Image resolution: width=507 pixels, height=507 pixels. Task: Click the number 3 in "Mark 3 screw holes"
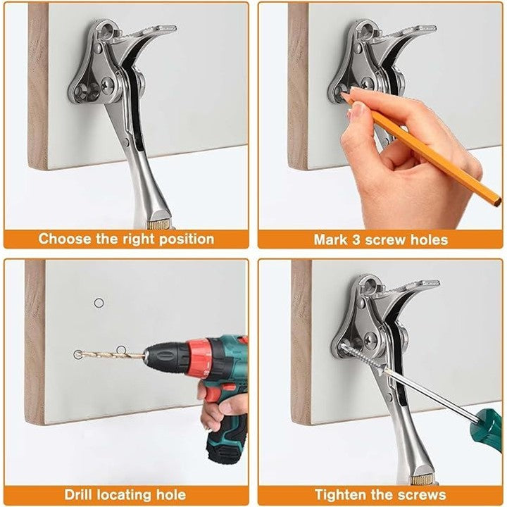356,240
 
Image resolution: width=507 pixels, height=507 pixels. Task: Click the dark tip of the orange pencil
496,203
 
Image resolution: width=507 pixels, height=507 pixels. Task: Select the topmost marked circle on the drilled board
99,303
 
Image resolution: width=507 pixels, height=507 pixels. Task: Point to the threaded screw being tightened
362,356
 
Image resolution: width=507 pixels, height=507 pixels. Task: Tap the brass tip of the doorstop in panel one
158,224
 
